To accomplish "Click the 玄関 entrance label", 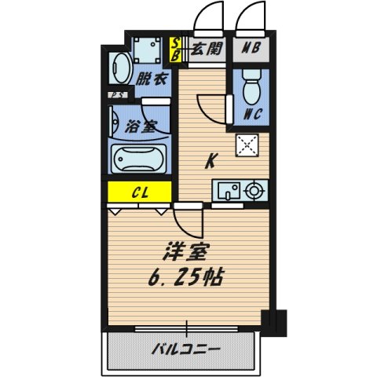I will [207, 49].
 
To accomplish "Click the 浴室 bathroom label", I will [141, 126].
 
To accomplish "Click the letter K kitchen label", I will [210, 162].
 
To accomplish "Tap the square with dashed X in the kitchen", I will [249, 145].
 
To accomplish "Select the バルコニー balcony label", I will [186, 348].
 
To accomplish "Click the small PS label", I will [115, 97].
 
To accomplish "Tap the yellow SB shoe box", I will [178, 49].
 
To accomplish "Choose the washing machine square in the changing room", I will [146, 50].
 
